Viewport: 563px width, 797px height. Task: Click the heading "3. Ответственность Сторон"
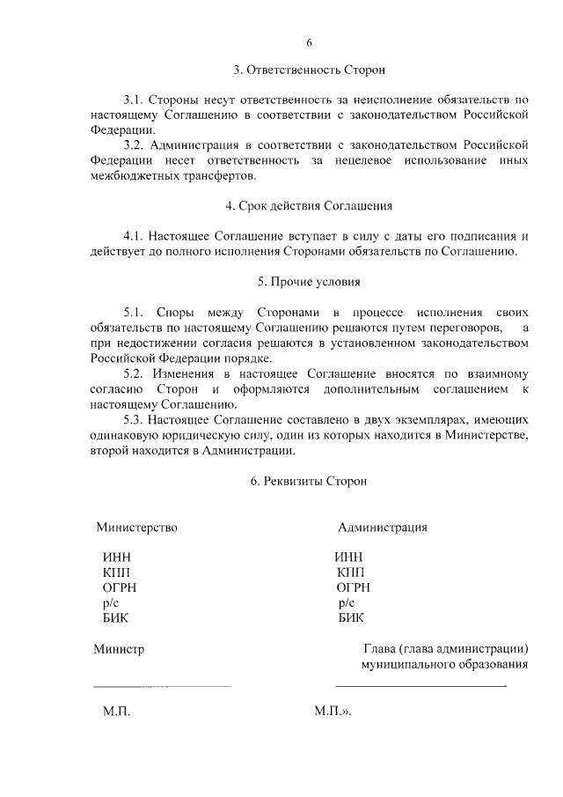(x=309, y=69)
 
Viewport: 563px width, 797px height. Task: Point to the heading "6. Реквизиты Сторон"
(x=308, y=481)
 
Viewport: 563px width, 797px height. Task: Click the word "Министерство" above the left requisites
(x=137, y=528)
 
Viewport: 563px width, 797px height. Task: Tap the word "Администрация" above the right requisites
(x=383, y=528)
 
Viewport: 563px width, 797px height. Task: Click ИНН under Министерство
(x=117, y=557)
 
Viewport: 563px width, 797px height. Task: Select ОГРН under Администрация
(x=354, y=587)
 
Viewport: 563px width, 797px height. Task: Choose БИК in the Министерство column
(x=116, y=618)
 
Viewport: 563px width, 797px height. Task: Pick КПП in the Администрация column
(x=351, y=572)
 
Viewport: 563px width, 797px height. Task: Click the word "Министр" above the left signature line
(x=119, y=649)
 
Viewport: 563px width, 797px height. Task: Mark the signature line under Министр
(x=162, y=685)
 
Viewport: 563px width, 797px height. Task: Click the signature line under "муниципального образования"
(x=420, y=685)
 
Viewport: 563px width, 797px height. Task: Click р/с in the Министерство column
(x=111, y=603)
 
